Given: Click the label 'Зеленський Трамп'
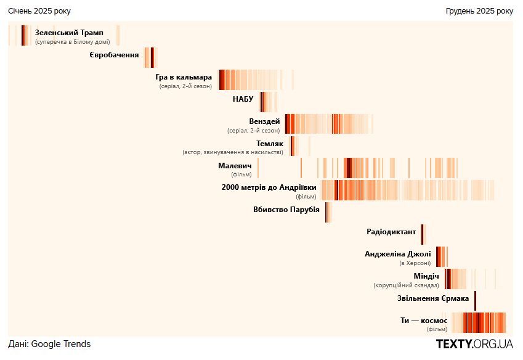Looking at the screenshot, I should pos(69,33).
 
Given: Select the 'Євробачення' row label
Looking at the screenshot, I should pos(115,55).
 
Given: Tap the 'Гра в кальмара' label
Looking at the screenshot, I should pos(184,77).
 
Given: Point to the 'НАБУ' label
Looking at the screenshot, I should pos(243,99).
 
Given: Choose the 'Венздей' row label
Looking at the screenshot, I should pos(264,121).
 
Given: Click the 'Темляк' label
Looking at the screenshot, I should pos(270,143).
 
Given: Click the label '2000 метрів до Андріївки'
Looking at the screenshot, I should pos(269,187).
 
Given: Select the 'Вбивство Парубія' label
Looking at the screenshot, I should pos(286,210).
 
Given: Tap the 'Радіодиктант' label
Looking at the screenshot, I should pos(391,232).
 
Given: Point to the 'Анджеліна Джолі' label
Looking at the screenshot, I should pos(397,253).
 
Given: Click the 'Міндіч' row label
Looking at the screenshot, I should pos(426,276).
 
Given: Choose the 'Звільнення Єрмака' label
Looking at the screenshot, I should pos(434,298).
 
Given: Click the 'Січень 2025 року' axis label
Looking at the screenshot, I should pos(39,11).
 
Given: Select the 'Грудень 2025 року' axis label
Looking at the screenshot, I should pos(479,11).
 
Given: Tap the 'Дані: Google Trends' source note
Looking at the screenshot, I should pos(49,344).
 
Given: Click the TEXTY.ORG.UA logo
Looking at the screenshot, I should pos(474,344).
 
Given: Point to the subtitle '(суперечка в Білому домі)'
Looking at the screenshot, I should pos(73,42).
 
